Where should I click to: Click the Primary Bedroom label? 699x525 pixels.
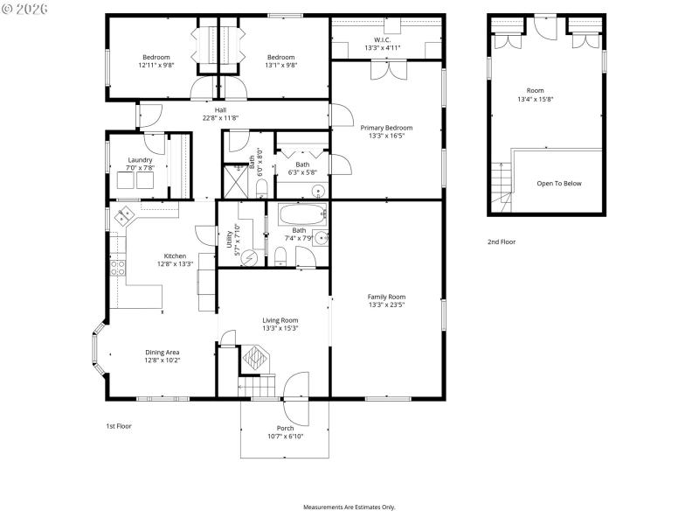point(386,128)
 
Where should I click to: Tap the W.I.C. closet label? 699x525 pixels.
point(383,39)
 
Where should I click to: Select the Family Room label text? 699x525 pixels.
point(386,297)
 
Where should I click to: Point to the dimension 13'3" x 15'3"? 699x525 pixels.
point(280,328)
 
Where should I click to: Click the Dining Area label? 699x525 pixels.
point(162,352)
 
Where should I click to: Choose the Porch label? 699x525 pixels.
point(285,428)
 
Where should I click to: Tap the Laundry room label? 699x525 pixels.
point(140,160)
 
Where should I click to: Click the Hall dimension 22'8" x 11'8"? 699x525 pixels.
point(220,118)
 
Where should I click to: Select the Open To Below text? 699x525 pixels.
point(559,184)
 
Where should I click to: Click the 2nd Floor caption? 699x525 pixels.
point(502,241)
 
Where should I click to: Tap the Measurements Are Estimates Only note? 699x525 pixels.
point(349,507)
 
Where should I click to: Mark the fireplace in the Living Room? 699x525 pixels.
point(257,357)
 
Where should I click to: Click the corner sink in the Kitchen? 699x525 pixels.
point(125,212)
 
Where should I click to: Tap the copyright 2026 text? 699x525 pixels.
point(25,9)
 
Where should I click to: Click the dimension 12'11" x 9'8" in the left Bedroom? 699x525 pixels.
point(156,65)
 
